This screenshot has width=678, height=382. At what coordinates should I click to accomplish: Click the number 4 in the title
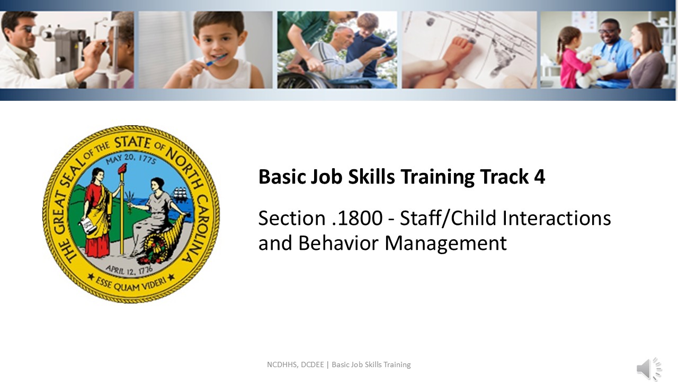539,177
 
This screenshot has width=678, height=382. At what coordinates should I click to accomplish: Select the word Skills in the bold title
371,177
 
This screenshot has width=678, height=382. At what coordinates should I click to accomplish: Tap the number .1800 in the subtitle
357,218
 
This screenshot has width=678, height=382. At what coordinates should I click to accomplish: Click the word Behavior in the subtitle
338,243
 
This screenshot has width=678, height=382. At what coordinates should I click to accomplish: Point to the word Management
445,244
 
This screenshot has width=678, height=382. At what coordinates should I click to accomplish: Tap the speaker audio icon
649,369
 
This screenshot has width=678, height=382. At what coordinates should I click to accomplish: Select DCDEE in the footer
313,364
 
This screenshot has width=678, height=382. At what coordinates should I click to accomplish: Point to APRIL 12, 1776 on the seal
129,269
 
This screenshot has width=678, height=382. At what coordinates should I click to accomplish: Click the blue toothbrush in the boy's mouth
215,59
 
